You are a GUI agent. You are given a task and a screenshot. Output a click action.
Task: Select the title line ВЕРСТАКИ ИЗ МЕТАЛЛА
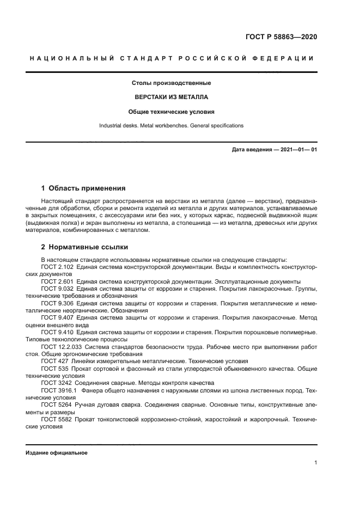tap(172, 97)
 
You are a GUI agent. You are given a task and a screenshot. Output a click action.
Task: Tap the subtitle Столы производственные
tap(172, 83)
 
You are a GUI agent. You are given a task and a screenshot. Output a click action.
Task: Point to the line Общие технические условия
tap(172, 112)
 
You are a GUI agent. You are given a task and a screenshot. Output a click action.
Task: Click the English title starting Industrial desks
tap(172, 126)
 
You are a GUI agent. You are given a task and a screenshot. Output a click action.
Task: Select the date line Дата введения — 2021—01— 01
tap(274, 149)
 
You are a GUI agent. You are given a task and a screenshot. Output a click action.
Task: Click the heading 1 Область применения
tap(83, 188)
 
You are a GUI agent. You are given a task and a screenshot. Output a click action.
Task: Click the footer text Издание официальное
tap(57, 453)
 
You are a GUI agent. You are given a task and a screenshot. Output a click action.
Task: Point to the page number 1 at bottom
tap(315, 463)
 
